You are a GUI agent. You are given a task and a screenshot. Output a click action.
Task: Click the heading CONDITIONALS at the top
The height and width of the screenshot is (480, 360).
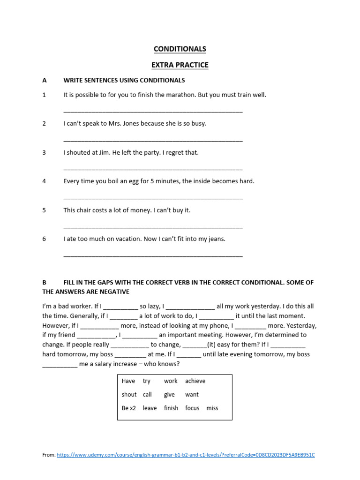(x=180, y=49)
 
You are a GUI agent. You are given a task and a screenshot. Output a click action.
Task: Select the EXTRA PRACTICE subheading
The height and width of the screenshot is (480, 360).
(x=180, y=65)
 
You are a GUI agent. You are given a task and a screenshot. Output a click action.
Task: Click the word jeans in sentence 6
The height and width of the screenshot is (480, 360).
(x=216, y=239)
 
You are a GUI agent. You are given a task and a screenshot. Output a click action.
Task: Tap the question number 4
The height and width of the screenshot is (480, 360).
(x=44, y=181)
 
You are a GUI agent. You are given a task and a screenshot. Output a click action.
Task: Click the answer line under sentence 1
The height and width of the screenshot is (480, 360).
(x=153, y=112)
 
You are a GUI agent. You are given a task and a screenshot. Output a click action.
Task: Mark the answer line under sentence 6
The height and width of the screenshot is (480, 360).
(x=153, y=256)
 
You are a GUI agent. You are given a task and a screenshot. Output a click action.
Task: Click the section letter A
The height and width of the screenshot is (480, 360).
(x=45, y=80)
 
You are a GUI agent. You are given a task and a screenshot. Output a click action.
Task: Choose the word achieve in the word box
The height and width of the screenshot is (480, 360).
(x=195, y=381)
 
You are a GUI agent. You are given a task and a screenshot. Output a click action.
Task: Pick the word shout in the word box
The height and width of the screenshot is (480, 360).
(x=129, y=395)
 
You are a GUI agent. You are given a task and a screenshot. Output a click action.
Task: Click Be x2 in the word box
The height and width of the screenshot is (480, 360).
(x=128, y=408)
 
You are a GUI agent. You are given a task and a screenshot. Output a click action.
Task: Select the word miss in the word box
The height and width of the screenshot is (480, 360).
(x=212, y=408)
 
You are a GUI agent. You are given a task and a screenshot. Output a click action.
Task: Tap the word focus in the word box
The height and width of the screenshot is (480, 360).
(x=192, y=408)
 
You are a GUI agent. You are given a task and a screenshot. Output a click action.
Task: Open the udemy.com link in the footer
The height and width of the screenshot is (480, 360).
(x=186, y=455)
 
